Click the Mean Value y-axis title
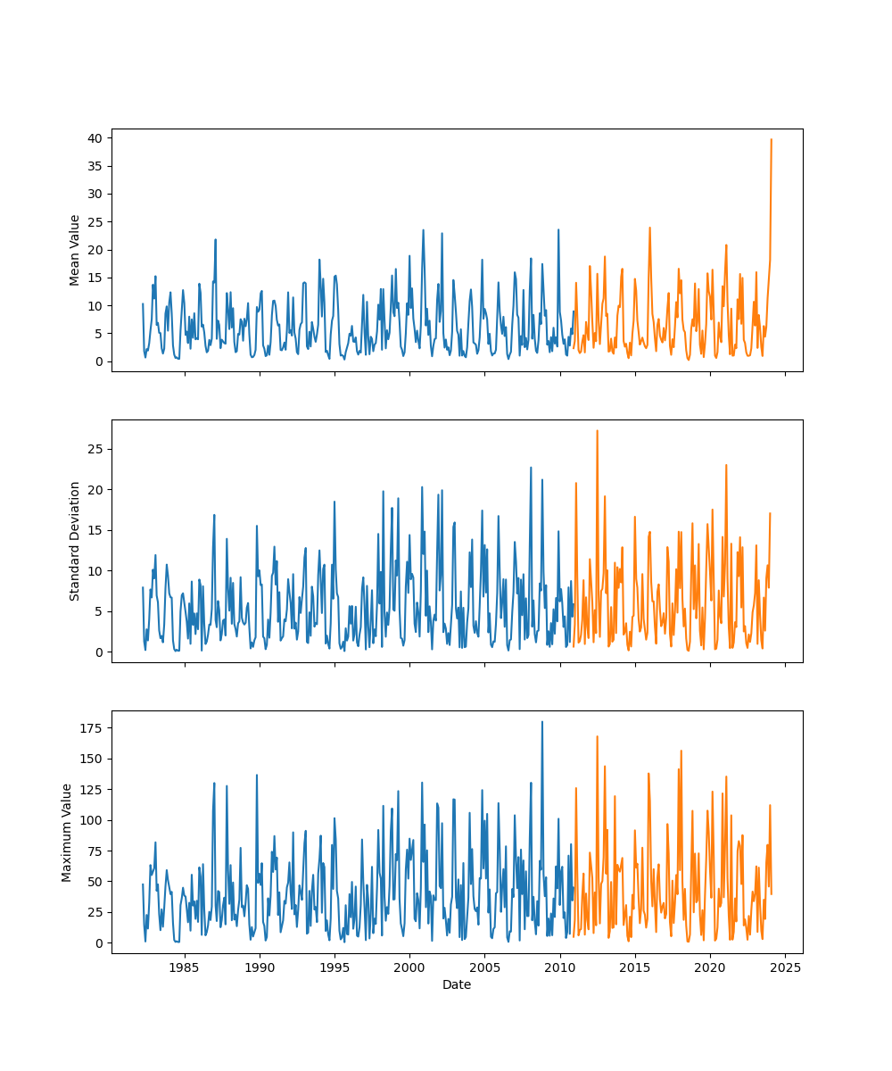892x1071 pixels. pos(75,250)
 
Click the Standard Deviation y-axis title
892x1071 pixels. pos(75,541)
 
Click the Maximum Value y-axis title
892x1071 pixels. pos(67,832)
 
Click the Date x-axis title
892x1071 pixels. pos(457,984)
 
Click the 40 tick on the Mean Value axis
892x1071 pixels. pos(94,138)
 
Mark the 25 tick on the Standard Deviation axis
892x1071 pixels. pos(94,448)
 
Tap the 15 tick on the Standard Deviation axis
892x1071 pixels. pos(94,530)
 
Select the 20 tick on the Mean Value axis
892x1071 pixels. pos(94,250)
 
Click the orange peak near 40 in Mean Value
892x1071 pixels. pos(772,139)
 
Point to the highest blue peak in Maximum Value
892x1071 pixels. pos(541,722)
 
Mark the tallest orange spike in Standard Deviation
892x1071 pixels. pos(597,431)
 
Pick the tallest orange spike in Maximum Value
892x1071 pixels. pos(597,737)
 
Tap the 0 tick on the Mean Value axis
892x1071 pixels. pos(97,361)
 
